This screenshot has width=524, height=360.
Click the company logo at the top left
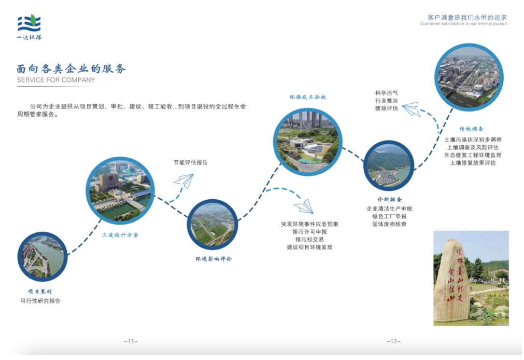(x=29, y=28)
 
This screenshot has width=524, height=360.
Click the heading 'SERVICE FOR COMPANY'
(x=56, y=80)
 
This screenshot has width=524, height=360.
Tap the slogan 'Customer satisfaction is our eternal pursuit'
(x=463, y=24)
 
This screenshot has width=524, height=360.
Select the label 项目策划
(x=40, y=292)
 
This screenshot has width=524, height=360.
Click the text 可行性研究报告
(x=40, y=301)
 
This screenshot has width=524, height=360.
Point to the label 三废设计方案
(x=120, y=235)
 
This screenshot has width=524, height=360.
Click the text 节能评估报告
(x=190, y=162)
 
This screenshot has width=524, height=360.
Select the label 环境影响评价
(x=213, y=259)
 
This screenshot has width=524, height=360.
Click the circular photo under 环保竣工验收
(x=307, y=142)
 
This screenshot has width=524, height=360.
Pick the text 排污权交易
(x=309, y=240)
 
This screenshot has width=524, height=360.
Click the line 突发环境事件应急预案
(x=309, y=224)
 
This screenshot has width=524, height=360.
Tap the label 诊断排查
(x=389, y=199)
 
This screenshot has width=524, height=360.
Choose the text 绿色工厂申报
(x=389, y=216)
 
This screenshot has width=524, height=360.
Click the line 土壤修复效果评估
(x=473, y=162)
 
